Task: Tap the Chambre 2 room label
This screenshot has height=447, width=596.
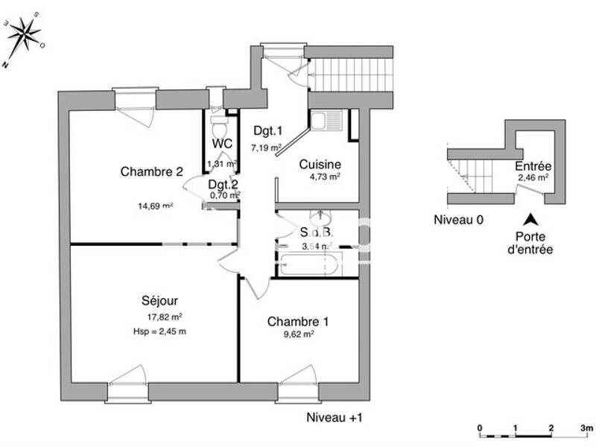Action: coord(152,171)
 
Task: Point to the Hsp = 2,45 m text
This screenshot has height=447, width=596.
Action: coord(157,331)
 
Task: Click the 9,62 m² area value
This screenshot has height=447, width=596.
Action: coord(298,335)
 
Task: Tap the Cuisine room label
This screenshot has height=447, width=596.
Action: coord(320,164)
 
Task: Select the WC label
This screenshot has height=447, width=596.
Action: coord(222,143)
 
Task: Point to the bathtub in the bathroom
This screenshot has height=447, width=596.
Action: coord(310,264)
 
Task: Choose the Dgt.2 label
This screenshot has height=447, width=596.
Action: coord(223,185)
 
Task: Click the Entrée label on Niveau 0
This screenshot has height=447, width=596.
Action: coord(533,166)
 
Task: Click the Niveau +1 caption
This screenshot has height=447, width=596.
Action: coord(334,418)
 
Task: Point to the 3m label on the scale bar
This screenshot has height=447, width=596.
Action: coord(586,428)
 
